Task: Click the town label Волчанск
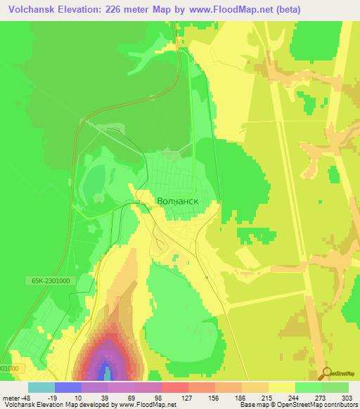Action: tap(177, 201)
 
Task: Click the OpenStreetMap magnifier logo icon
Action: tap(327, 372)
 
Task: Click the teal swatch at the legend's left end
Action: tap(41, 387)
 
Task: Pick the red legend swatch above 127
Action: tap(174, 387)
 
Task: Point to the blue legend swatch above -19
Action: tap(67, 387)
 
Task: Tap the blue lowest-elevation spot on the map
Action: tap(105, 370)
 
